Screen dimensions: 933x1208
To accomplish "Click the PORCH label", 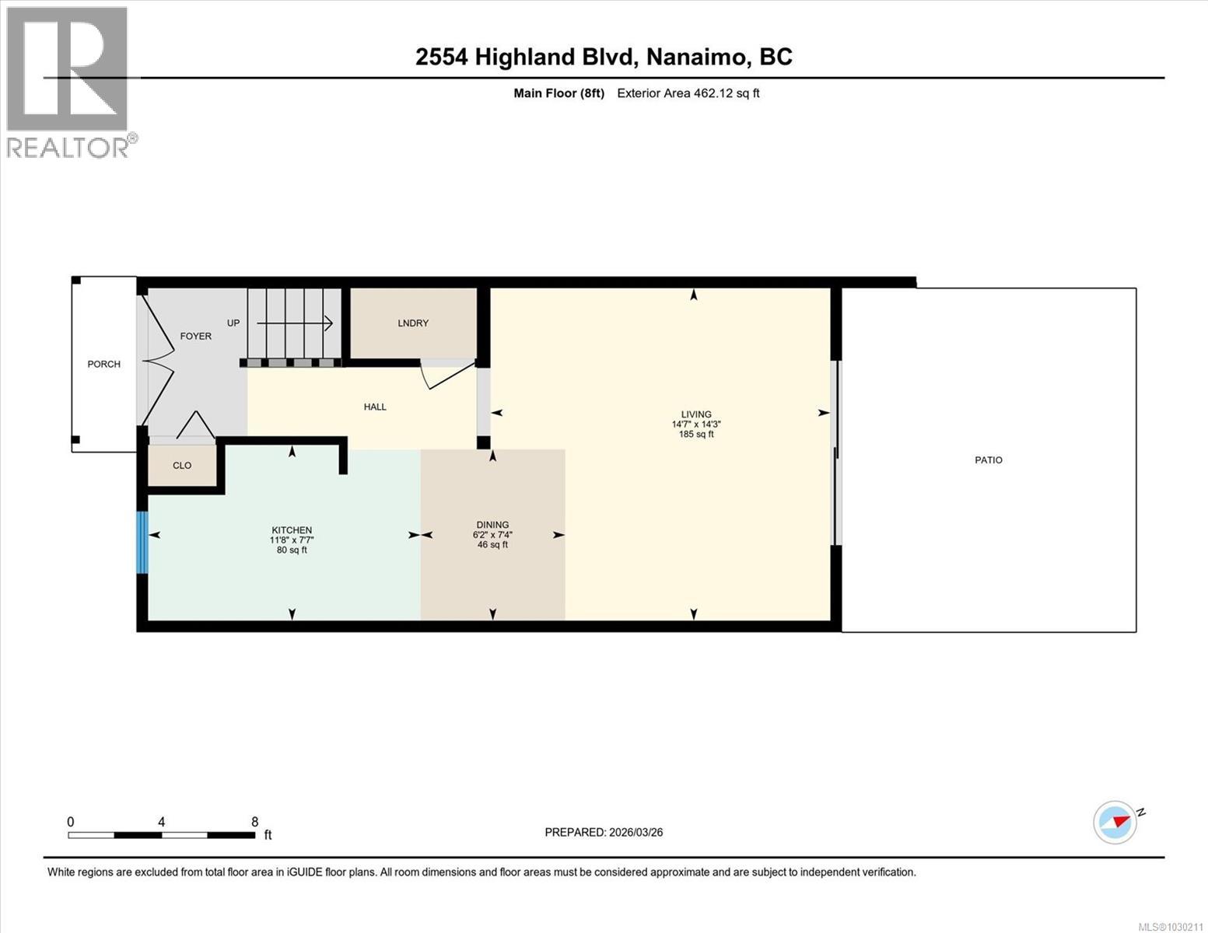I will pos(103,364).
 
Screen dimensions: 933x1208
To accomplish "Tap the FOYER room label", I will pos(195,336).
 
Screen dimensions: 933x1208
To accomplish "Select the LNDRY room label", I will pos(413,323).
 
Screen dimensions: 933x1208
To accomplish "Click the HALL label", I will pos(375,407).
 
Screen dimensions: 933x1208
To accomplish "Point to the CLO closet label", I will pos(182,466).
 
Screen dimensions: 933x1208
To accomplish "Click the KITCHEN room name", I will pos(292,530).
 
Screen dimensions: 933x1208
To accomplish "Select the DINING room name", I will pos(492,525).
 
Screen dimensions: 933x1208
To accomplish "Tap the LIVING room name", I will pos(696,414).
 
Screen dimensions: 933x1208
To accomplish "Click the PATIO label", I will pos(989,460).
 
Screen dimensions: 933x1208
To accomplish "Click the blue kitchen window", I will pos(142,542).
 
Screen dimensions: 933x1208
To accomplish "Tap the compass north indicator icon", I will pos(1115,822).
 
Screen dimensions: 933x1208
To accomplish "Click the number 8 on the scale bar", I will pos(254,821).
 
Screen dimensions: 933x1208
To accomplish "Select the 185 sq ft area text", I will pos(696,435).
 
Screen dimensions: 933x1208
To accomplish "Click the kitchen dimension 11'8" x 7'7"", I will pos(292,540).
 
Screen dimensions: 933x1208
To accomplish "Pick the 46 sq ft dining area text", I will pos(492,545).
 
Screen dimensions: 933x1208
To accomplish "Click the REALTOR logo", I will pos(68,82).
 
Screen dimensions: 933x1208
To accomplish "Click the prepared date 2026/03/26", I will pos(635,832).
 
